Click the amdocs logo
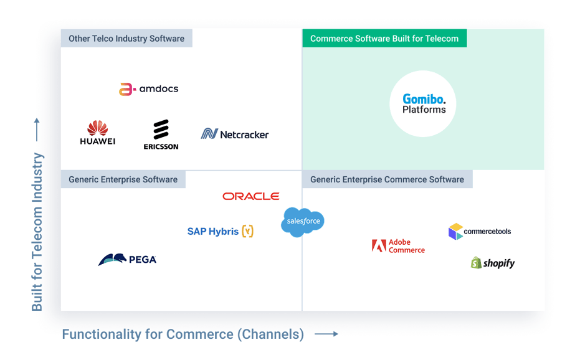click(148, 89)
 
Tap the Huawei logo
click(98, 133)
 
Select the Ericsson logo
click(161, 135)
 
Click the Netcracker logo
click(235, 134)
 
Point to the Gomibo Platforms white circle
click(424, 105)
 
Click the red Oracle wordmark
click(250, 196)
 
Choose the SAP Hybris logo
click(220, 231)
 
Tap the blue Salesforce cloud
click(303, 222)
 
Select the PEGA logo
click(127, 259)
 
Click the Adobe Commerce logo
click(398, 246)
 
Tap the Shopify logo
click(492, 263)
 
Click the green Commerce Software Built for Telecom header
click(384, 39)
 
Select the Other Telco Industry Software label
click(126, 39)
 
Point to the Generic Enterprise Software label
click(123, 179)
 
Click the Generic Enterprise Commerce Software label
click(387, 179)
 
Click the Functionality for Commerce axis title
click(183, 334)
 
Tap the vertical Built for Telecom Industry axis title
click(39, 230)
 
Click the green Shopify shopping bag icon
click(477, 263)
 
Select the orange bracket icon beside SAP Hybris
click(247, 231)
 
